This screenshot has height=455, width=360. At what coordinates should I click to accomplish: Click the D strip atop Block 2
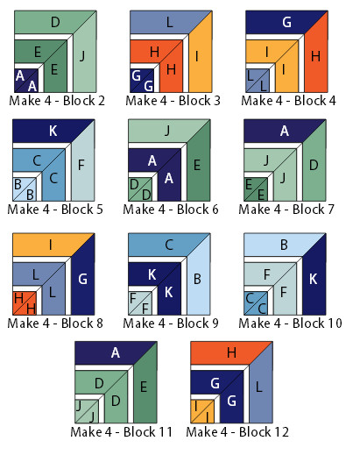(50, 22)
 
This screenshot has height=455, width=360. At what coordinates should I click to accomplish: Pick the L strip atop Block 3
(166, 22)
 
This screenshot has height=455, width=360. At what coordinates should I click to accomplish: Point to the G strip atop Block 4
(281, 22)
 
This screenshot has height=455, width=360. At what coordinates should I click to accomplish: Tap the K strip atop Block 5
(47, 131)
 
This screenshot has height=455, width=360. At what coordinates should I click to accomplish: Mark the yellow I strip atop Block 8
(47, 245)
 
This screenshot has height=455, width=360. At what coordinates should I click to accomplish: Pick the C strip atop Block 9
(163, 245)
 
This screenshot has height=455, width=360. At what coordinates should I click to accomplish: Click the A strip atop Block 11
(110, 353)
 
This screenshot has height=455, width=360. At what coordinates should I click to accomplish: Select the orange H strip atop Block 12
(226, 353)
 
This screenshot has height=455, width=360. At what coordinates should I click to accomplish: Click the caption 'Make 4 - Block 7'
(286, 210)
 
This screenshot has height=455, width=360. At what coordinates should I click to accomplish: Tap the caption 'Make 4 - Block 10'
(290, 323)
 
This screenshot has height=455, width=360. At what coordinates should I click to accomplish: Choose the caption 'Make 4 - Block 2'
(57, 101)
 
